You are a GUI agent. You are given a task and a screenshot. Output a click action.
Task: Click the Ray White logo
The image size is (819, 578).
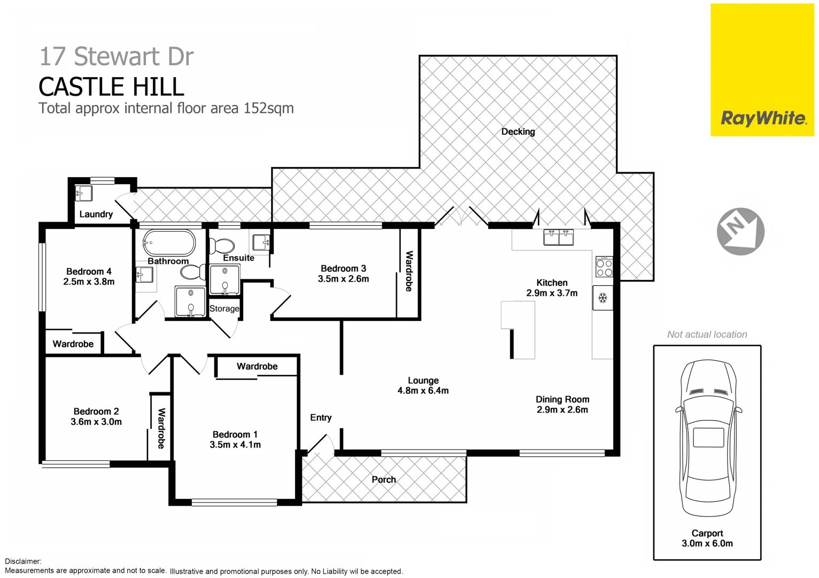click(x=763, y=118)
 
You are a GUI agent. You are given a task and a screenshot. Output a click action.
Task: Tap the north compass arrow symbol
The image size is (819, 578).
click(x=740, y=231)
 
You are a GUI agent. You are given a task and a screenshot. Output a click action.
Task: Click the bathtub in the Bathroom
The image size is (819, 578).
click(x=169, y=243)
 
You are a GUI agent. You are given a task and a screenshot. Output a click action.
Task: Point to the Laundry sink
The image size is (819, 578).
click(x=84, y=192)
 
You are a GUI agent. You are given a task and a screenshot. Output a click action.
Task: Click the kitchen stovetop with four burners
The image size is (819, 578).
click(x=604, y=267)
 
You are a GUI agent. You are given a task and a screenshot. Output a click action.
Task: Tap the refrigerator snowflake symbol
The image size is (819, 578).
click(x=602, y=298)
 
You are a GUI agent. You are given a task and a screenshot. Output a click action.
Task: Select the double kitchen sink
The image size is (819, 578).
click(x=559, y=237)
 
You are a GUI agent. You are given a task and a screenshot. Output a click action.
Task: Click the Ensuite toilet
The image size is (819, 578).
click(x=222, y=246)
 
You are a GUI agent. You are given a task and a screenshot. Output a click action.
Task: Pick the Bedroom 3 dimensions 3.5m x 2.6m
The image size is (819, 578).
click(x=343, y=279)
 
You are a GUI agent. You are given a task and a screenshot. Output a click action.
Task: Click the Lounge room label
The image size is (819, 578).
click(x=423, y=381)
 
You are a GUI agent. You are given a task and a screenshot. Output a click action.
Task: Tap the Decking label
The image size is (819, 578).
click(x=517, y=132)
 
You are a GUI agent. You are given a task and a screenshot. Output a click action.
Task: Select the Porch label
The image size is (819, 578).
click(x=384, y=480)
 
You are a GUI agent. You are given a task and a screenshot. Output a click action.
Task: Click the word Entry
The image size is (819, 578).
click(x=321, y=417)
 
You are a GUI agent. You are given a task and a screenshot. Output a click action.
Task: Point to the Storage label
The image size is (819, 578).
click(x=224, y=309)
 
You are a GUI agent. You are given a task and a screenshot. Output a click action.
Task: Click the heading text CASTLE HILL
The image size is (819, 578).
click(x=111, y=87)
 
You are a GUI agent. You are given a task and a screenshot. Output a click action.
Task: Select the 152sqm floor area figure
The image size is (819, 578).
click(x=268, y=108)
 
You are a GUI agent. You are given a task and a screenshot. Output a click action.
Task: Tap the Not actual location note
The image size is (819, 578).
click(x=707, y=334)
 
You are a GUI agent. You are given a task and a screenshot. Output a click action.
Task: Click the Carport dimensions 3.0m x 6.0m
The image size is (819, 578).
click(x=707, y=543)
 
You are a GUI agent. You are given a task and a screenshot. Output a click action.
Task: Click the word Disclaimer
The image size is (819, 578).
click(x=23, y=561)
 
